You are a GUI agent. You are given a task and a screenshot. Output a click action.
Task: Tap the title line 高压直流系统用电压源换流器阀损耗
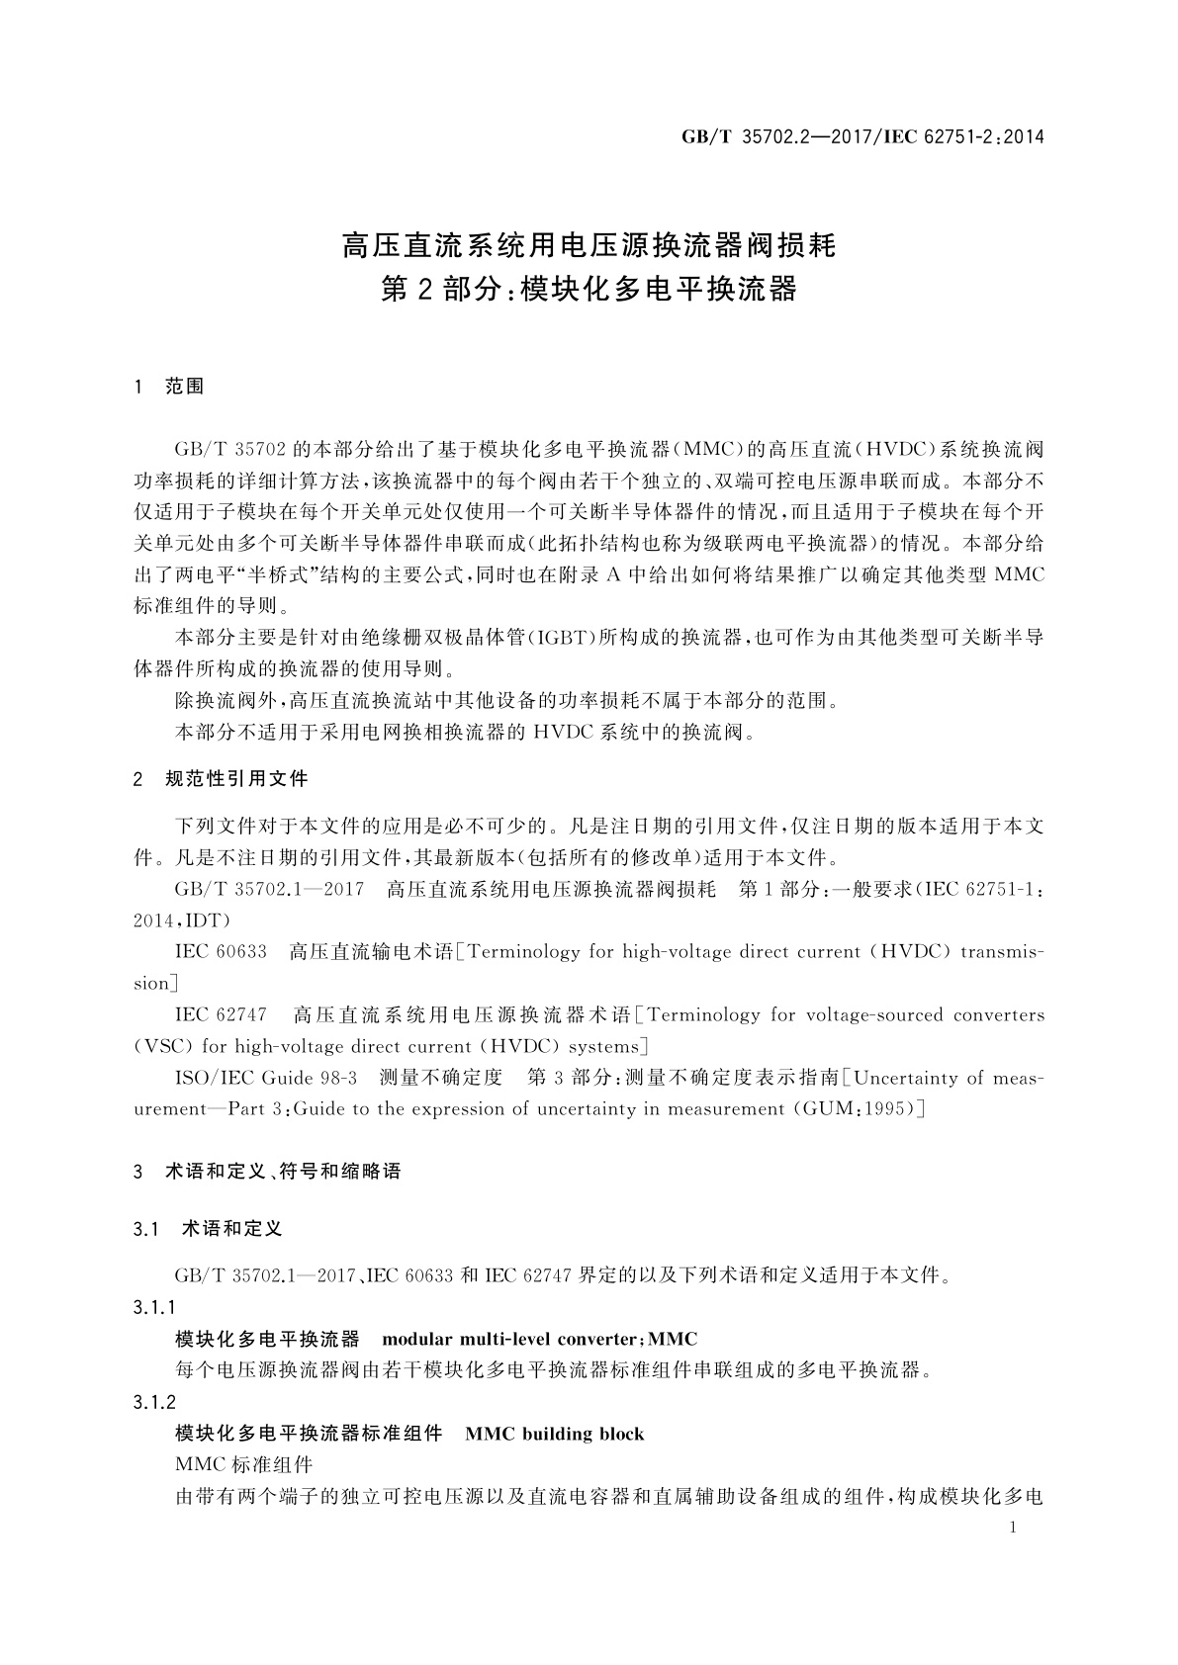click(x=589, y=244)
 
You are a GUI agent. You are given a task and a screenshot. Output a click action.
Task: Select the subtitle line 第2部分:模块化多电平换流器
click(x=589, y=290)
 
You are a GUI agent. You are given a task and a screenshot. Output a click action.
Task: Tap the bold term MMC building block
click(x=554, y=1434)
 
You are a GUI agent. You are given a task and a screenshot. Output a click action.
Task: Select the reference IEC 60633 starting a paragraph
click(x=221, y=952)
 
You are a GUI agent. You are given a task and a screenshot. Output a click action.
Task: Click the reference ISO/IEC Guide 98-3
click(x=266, y=1078)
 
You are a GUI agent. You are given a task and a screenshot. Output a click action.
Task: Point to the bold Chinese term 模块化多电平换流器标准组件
click(x=308, y=1434)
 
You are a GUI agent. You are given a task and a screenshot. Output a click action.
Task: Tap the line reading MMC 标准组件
click(x=243, y=1465)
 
